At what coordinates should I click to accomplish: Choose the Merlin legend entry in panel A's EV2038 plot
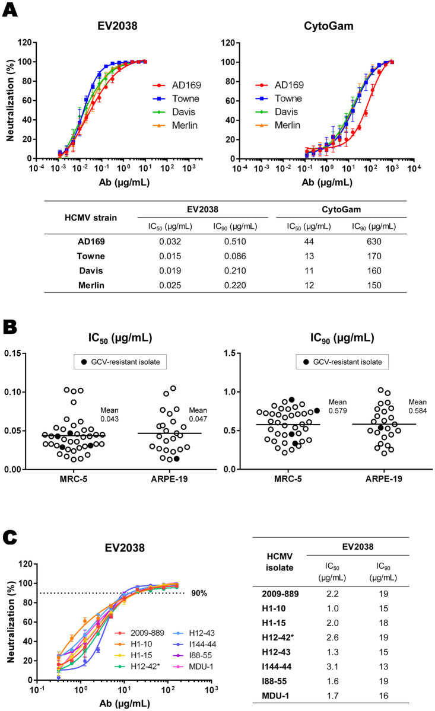click(x=178, y=125)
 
